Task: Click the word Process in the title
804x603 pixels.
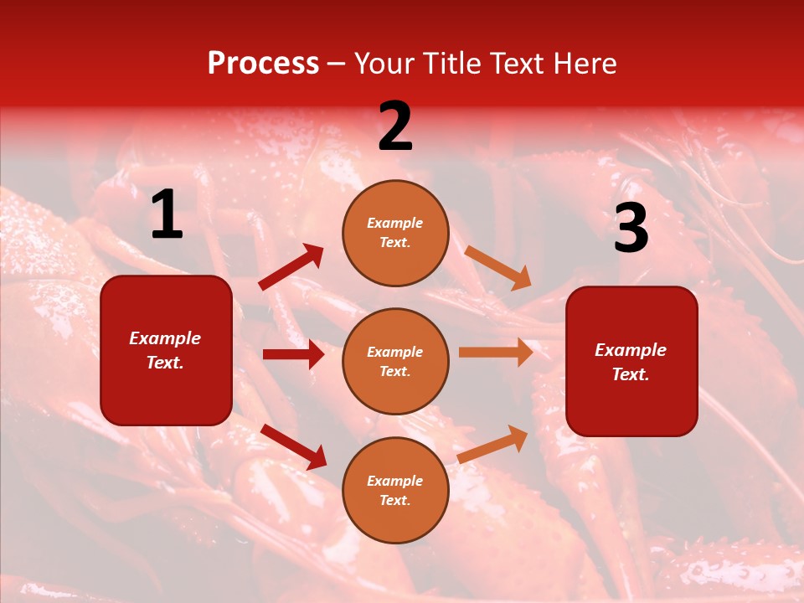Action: click(x=263, y=64)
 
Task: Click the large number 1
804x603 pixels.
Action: click(x=166, y=216)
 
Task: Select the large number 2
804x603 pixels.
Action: click(x=394, y=127)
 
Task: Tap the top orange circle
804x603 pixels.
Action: click(x=395, y=233)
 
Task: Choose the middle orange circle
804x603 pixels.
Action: click(x=395, y=362)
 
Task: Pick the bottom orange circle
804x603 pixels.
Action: click(x=395, y=491)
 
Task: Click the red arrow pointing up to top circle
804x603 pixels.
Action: click(x=291, y=267)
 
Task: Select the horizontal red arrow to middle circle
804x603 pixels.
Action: click(x=293, y=354)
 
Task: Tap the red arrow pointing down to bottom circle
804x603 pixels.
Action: click(x=294, y=446)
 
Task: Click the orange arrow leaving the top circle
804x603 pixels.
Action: click(x=497, y=267)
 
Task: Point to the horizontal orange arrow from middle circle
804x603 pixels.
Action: click(x=496, y=353)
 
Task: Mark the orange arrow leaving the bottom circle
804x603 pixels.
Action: click(x=493, y=444)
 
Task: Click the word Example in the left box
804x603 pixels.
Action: click(x=165, y=338)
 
